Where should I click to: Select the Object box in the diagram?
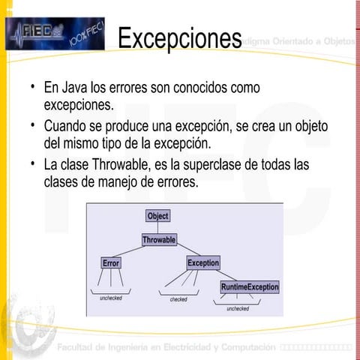click(157, 216)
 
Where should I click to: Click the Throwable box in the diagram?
click(159, 240)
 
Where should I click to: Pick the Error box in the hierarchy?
click(110, 263)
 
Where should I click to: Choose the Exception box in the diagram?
click(203, 263)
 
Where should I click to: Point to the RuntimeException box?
click(249, 287)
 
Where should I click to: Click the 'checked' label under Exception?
click(178, 299)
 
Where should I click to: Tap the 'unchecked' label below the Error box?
click(110, 298)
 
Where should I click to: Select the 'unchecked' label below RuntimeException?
click(238, 308)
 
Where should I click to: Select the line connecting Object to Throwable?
click(157, 228)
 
